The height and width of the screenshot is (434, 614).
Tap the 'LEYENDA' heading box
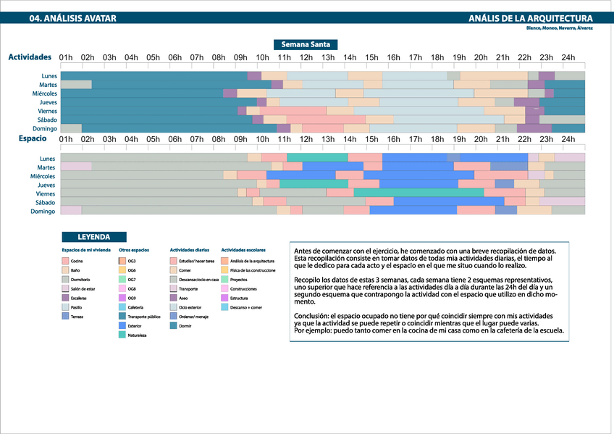point(94,236)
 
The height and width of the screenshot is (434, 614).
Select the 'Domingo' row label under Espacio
point(43,211)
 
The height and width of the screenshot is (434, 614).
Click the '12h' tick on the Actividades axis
point(306,57)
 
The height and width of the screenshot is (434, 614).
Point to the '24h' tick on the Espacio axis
point(568,138)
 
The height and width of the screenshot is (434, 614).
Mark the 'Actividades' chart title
point(30,57)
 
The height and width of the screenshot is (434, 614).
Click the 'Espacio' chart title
point(32,138)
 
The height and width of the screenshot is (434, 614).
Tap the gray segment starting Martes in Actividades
point(76,85)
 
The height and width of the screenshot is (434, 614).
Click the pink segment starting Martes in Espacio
point(76,167)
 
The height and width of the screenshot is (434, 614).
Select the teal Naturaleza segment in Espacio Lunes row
point(317,157)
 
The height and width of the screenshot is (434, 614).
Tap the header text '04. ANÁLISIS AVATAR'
point(72,19)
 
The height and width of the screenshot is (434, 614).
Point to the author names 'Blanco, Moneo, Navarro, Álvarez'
point(560,28)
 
